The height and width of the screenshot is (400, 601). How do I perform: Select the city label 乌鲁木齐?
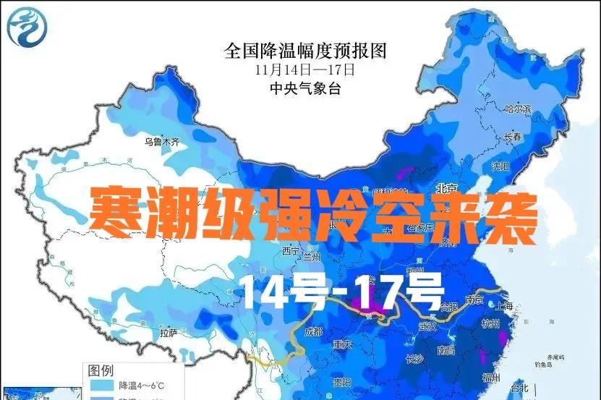[160, 142]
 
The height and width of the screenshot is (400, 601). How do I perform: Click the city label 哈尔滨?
[517, 110]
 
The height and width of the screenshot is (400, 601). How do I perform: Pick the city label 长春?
[513, 137]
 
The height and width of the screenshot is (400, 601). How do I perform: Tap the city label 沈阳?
[500, 166]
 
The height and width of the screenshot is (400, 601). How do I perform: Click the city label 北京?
[447, 188]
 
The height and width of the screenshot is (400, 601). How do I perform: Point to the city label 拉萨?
[169, 333]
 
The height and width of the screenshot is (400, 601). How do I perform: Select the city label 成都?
[313, 332]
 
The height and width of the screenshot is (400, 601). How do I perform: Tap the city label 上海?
[505, 307]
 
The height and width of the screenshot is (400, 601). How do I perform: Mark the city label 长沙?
[414, 359]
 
